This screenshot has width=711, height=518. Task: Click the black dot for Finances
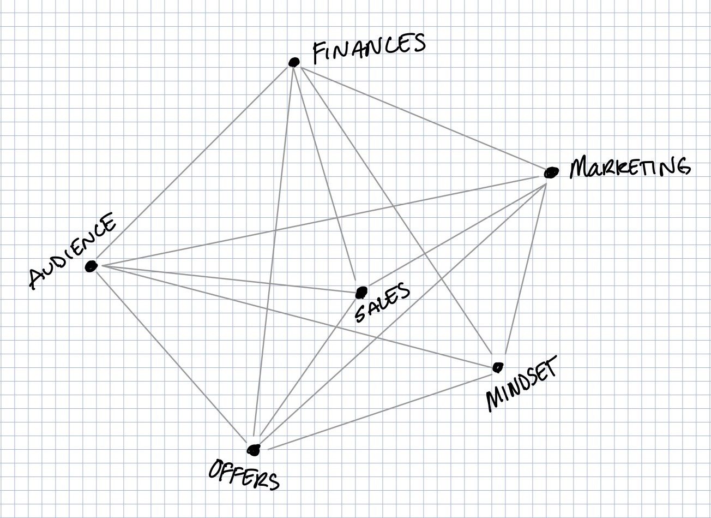294,62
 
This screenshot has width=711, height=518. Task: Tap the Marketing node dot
551,172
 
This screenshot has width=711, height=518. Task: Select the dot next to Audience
91,266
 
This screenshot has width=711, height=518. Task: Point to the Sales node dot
361,293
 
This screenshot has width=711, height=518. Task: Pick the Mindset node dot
497,367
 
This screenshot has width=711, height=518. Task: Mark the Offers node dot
254,449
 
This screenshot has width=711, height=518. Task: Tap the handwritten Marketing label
629,166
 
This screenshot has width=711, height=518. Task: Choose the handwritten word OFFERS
244,474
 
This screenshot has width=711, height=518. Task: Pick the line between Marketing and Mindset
525,270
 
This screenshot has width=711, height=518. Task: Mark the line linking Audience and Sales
229,279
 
